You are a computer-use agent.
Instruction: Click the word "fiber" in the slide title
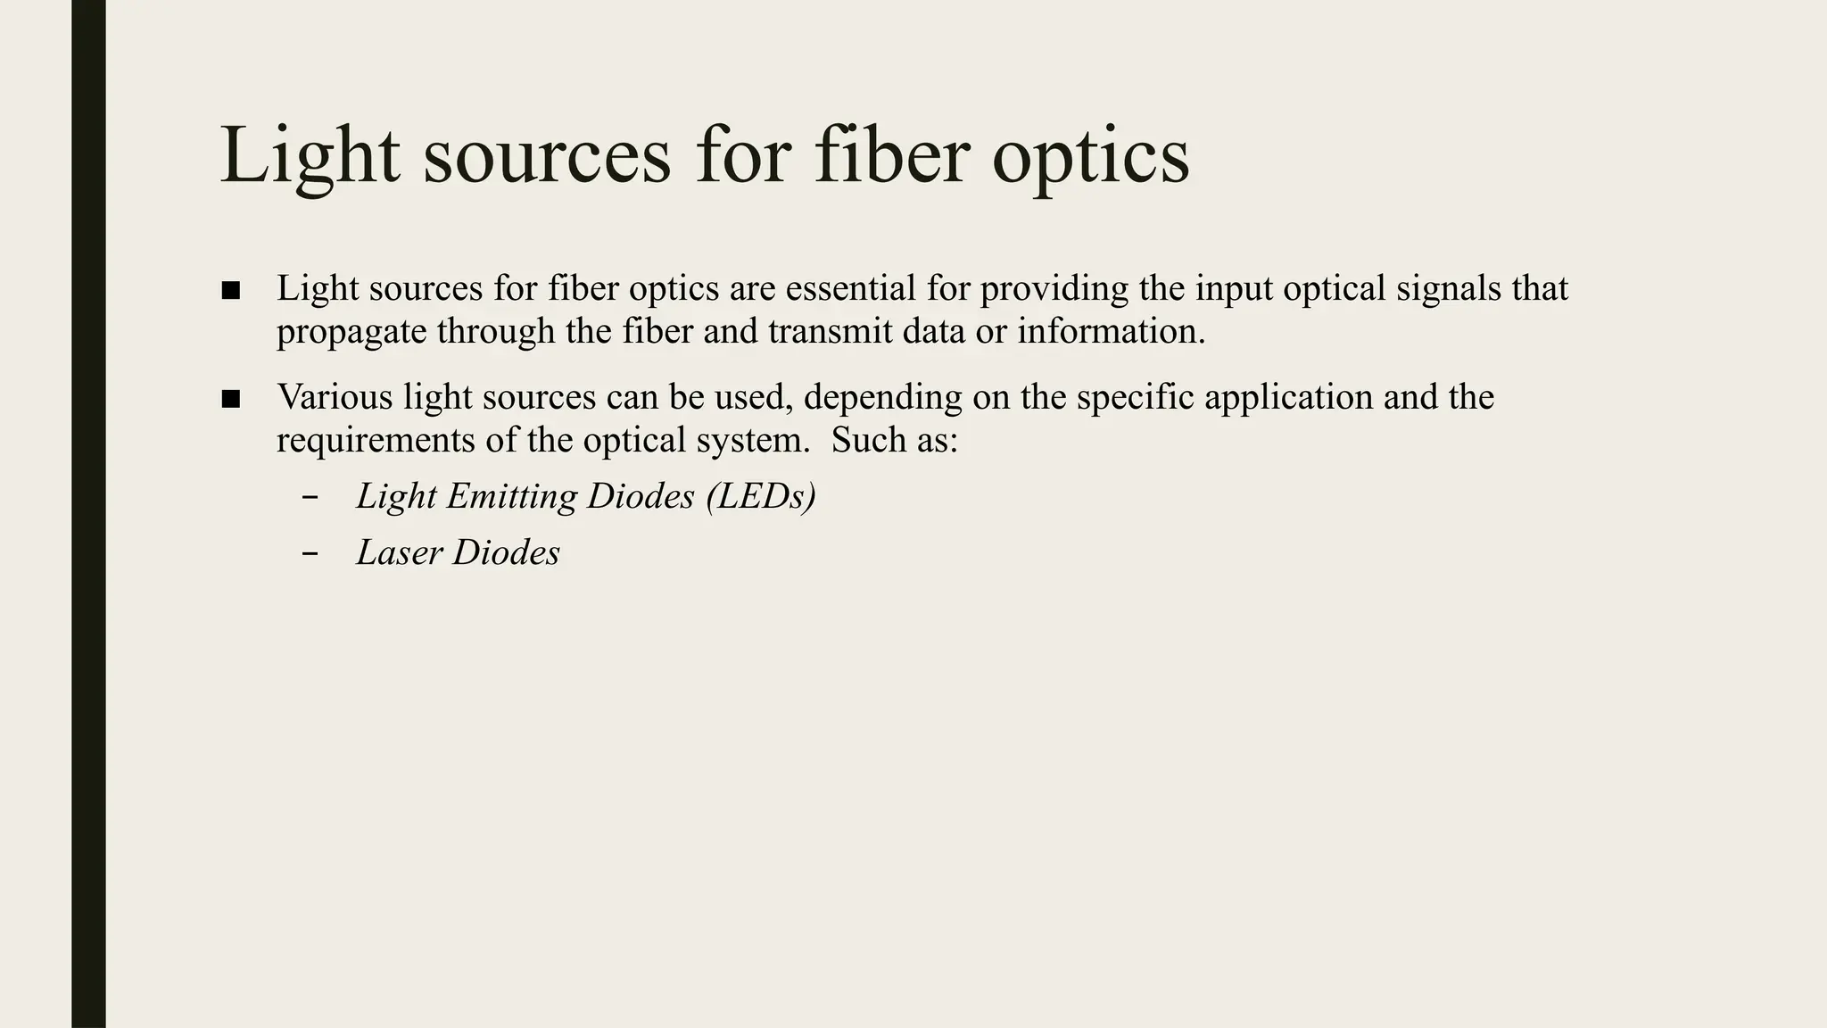point(891,155)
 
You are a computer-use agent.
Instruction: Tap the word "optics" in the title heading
point(1090,159)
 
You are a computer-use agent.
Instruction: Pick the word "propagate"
point(351,334)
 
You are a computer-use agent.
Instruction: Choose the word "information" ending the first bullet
point(1111,332)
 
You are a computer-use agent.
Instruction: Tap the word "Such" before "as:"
point(864,441)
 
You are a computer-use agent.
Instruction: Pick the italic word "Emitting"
point(511,497)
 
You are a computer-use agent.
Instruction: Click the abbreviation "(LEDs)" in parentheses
point(760,497)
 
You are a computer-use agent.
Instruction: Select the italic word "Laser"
point(399,553)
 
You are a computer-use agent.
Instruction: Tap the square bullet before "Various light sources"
point(231,399)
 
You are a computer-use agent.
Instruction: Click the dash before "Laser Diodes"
point(310,554)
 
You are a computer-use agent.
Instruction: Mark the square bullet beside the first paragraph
point(231,290)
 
